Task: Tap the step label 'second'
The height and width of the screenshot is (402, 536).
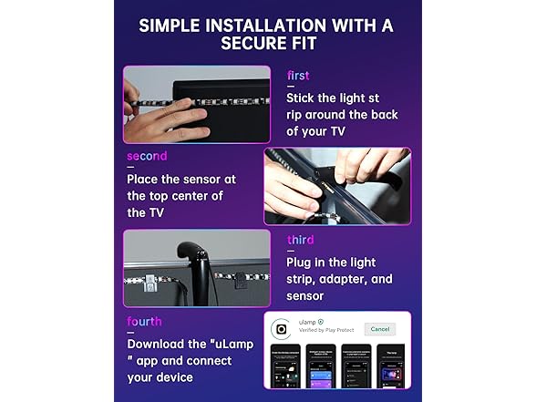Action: point(147,156)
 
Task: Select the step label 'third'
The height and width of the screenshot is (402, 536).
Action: point(300,240)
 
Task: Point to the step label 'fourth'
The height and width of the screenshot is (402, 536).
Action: point(147,322)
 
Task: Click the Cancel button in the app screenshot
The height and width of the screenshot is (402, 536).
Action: point(379,329)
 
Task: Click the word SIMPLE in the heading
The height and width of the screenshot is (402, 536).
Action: point(173,26)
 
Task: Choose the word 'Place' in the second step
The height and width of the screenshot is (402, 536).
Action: point(146,179)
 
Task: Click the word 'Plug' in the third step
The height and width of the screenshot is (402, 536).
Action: point(302,262)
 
